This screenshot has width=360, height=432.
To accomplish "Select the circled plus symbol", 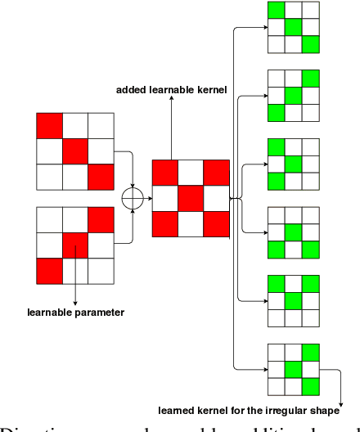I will click(x=129, y=199).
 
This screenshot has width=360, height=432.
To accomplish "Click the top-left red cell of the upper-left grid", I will click(x=49, y=126).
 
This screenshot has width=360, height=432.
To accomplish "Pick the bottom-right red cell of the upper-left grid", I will click(x=100, y=177).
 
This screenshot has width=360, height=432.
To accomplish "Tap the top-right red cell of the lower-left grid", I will click(x=100, y=218).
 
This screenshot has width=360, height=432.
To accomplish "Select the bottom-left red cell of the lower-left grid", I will click(x=49, y=270).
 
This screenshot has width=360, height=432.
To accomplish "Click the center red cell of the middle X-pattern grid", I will click(x=190, y=198).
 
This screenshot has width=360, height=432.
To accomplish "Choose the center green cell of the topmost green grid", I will click(x=293, y=28).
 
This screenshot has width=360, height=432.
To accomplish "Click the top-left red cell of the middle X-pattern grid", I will click(x=164, y=173).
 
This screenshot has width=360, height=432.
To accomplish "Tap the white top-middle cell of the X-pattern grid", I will click(x=190, y=173).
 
